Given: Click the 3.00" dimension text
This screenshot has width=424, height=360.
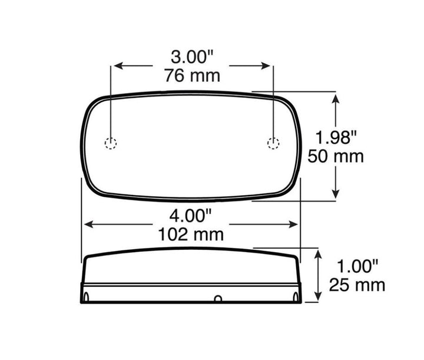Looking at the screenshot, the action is (192, 57).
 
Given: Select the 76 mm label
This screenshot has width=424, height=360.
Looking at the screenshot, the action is (192, 75).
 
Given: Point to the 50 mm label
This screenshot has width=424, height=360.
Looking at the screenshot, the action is (336, 156).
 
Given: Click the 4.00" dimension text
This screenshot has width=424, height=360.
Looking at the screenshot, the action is (190, 215).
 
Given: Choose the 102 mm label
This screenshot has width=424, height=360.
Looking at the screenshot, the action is (191, 235).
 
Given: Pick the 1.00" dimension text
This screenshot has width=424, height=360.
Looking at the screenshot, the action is (357, 266).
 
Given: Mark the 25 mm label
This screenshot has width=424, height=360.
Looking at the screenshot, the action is (357, 285).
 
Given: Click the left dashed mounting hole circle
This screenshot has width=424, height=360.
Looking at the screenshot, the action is (111, 143).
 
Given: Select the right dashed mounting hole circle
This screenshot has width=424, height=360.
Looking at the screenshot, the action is (273, 143).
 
